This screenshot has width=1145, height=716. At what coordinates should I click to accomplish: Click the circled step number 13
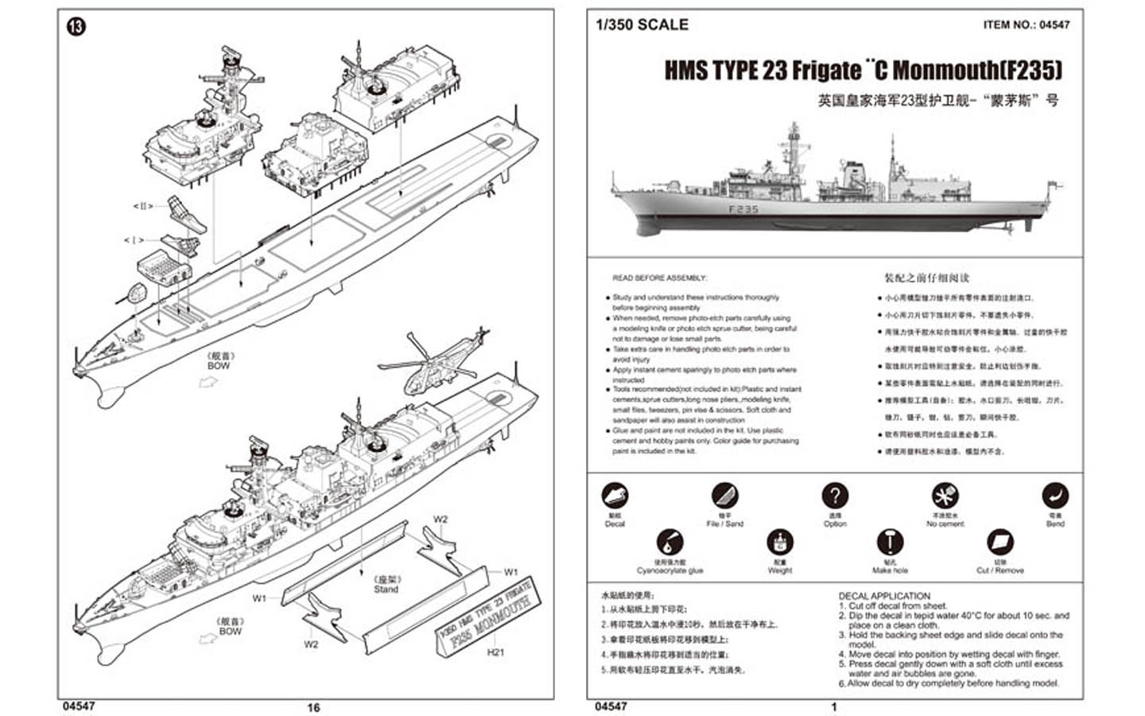click(x=76, y=27)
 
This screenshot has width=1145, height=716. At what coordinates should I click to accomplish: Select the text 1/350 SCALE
click(x=642, y=25)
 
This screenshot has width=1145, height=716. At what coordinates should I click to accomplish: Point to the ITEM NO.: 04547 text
click(x=1026, y=25)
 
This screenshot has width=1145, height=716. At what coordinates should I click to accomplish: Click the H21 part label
click(x=495, y=652)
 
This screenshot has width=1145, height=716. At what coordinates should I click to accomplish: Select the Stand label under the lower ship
click(x=386, y=589)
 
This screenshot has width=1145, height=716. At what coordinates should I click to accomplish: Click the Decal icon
click(x=615, y=496)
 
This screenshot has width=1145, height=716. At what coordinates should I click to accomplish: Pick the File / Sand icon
click(x=724, y=496)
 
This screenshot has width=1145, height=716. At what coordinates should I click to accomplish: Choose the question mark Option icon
click(x=834, y=496)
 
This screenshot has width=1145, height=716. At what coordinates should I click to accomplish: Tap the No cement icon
click(x=945, y=496)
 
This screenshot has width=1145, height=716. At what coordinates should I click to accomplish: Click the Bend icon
click(x=1054, y=496)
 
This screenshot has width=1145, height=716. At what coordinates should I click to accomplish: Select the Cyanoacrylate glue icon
click(x=670, y=543)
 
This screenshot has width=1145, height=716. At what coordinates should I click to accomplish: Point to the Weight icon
click(x=779, y=543)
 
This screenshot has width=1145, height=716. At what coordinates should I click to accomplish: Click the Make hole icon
click(x=889, y=543)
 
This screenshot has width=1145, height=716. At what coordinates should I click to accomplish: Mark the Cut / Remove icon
click(x=999, y=543)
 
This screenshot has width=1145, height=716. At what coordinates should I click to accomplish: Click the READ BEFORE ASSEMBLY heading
click(x=659, y=278)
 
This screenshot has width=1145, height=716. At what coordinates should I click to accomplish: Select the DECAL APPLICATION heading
click(x=883, y=596)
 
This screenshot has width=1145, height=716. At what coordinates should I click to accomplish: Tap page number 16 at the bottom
click(x=313, y=707)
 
